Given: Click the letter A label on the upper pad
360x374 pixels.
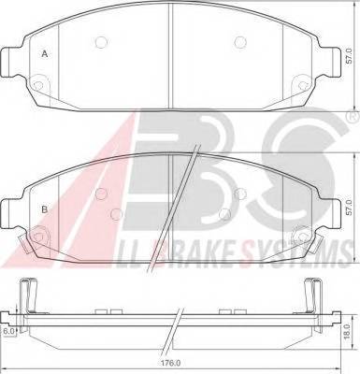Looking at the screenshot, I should [x=43, y=54].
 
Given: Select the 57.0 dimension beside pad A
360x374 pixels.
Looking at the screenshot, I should [x=348, y=58].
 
